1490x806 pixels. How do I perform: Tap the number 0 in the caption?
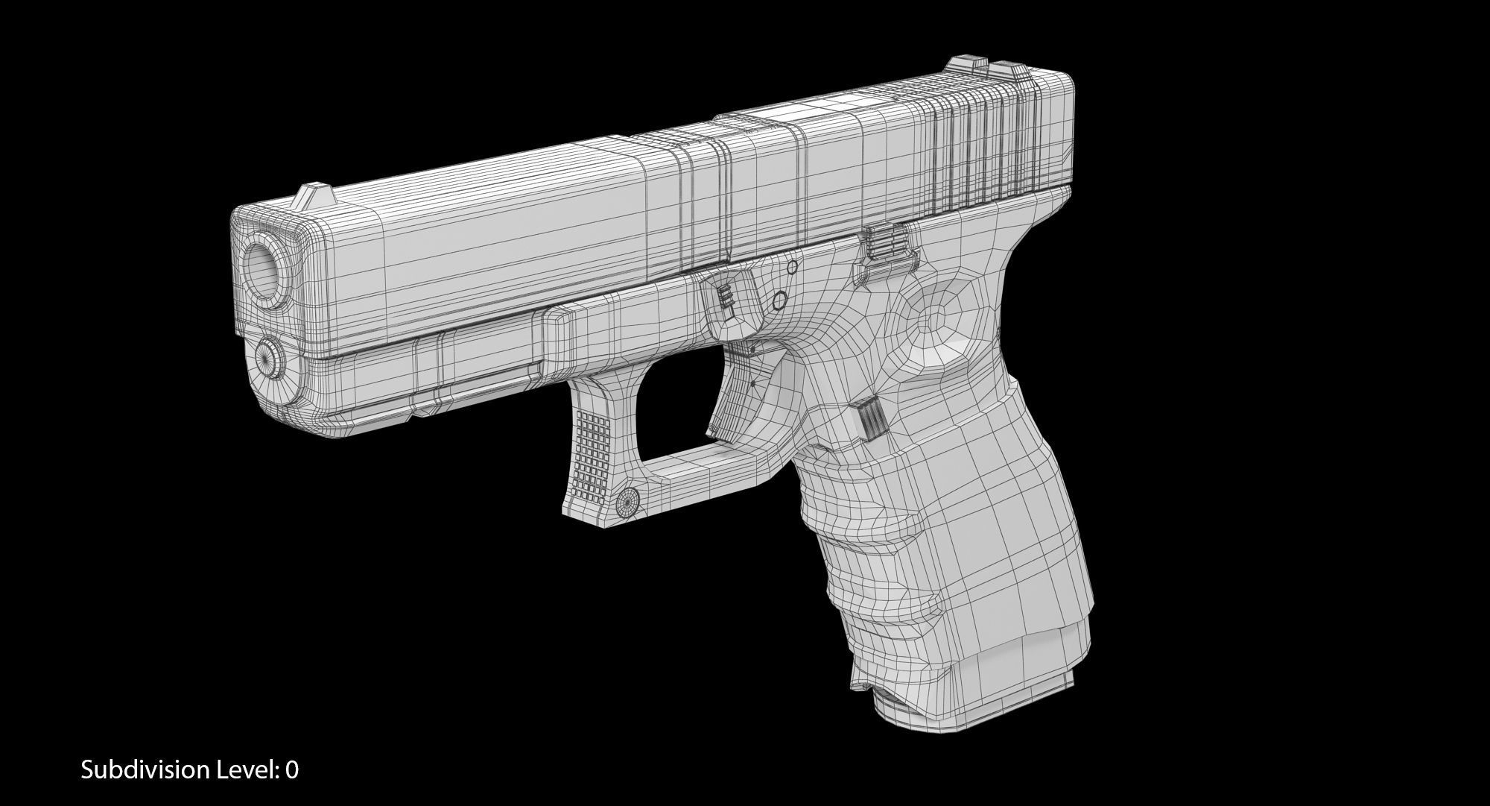[x=292, y=769]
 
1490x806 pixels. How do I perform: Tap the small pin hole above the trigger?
[x=779, y=300]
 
